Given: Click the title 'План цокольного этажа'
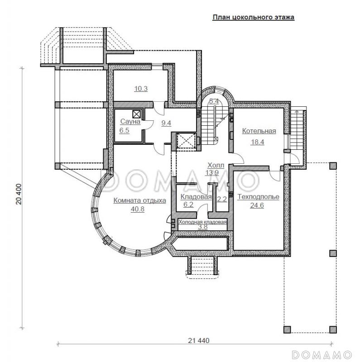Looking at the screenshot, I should click(x=253, y=18).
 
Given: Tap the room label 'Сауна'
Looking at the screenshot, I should click(x=130, y=122).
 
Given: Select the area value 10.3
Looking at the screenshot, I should click(x=141, y=89).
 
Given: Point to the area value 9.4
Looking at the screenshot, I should click(x=166, y=123).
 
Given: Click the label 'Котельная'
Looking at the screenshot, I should click(x=259, y=131).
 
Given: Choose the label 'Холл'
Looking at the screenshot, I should click(x=215, y=165).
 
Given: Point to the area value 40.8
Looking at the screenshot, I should click(x=138, y=209).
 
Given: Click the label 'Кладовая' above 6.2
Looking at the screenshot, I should click(x=196, y=197).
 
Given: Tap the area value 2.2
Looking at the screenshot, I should click(x=222, y=198).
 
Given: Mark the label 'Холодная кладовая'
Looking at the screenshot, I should click(x=202, y=222).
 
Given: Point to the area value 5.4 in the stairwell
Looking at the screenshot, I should click(x=214, y=101).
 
